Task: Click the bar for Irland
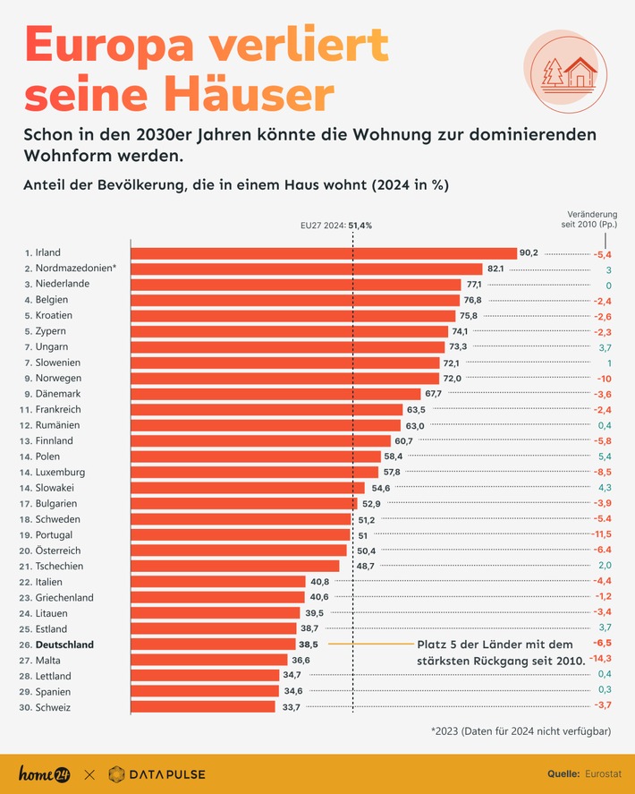coord(324,253)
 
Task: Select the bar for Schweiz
coord(203,707)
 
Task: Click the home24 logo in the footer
coord(46,773)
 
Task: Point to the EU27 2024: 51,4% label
coord(335,226)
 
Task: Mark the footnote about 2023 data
coord(521,731)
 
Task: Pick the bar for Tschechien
coord(235,566)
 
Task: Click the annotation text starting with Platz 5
coord(501,653)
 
